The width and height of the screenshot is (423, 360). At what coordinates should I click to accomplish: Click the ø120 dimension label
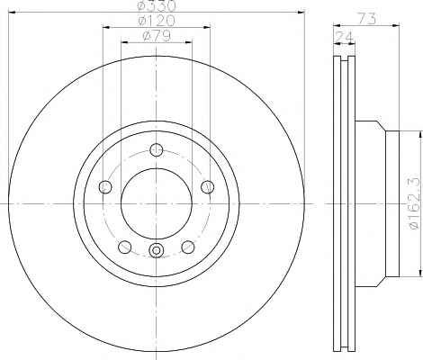coord(156,21)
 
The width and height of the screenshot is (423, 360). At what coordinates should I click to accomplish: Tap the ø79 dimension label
coord(157,36)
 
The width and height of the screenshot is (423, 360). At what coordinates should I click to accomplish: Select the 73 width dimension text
coord(367,19)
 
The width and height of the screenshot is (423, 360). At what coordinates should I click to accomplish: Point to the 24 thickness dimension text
coord(345,37)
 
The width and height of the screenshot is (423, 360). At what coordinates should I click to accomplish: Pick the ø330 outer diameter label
coord(156,5)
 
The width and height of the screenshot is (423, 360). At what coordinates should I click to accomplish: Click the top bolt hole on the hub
coord(157,150)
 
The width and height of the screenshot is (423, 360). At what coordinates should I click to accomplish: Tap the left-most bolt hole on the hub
coord(105,187)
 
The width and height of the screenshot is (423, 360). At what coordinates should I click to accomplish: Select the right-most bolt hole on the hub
coord(208,187)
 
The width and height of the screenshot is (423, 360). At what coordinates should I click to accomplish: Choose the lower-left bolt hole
coord(125,247)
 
